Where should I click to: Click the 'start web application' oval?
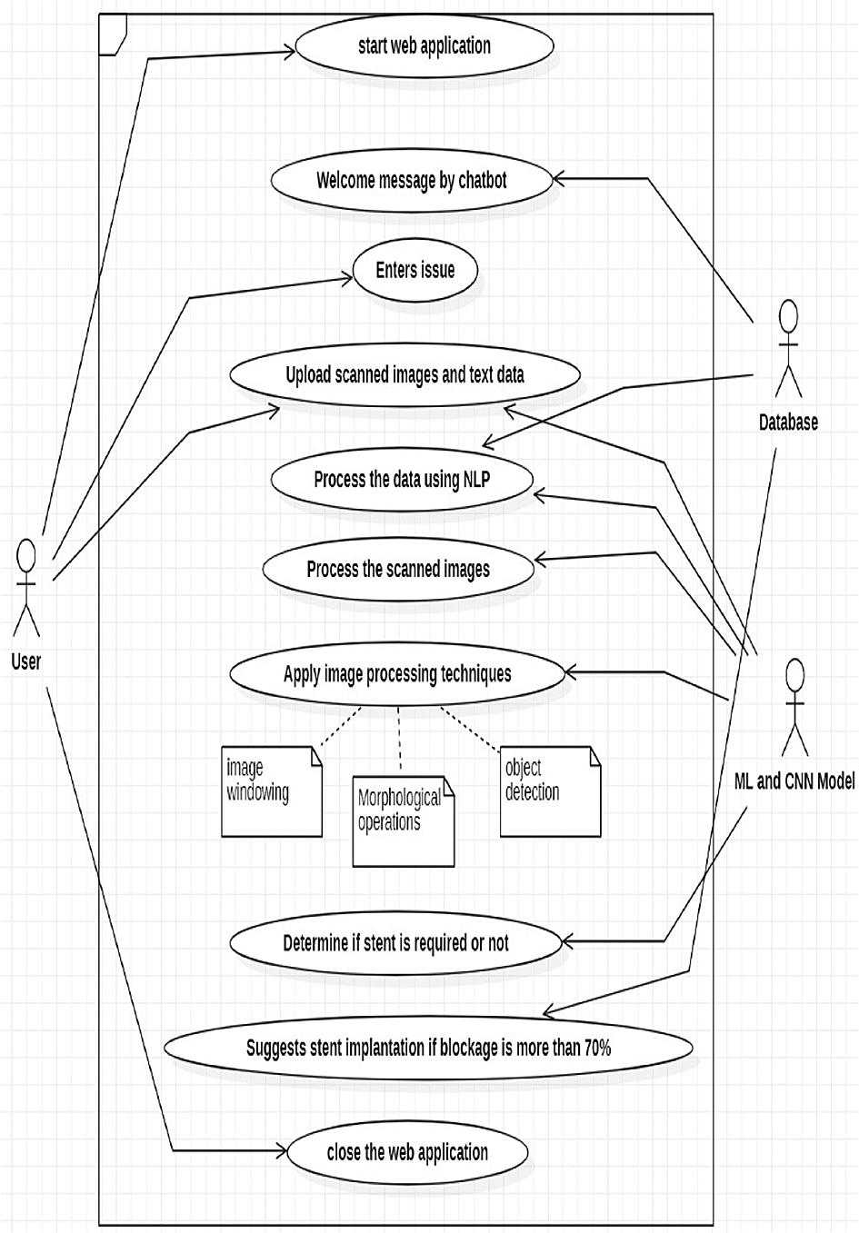[x=424, y=46]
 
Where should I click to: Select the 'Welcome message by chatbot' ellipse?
[x=412, y=180]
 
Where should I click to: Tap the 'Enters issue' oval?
[x=415, y=270]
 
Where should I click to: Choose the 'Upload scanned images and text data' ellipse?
[x=405, y=374]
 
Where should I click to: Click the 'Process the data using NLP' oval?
[x=402, y=480]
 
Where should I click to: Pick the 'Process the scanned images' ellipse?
[x=398, y=570]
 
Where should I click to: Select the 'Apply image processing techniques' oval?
[x=397, y=674]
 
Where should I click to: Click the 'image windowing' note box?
[x=272, y=791]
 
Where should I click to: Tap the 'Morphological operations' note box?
[x=403, y=820]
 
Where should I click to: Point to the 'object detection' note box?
[x=550, y=791]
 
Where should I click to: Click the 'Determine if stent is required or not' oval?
[x=395, y=943]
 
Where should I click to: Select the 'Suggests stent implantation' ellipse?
[x=428, y=1048]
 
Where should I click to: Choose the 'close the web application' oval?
[x=407, y=1153]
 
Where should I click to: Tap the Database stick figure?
[x=788, y=349]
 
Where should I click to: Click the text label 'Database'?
[x=788, y=423]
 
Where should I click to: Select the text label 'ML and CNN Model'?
[x=794, y=781]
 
